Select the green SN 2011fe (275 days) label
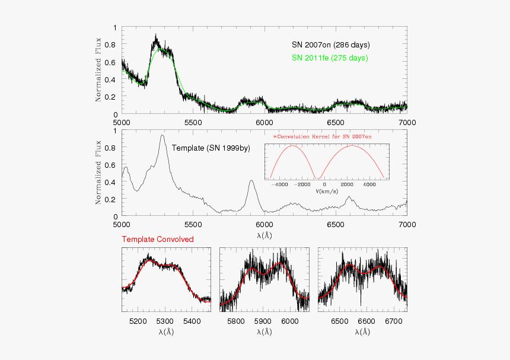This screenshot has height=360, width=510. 329,58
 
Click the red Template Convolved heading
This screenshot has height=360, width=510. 157,240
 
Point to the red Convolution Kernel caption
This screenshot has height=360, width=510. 322,136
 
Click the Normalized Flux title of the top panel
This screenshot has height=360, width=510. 98,71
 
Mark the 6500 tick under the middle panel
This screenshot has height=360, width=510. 336,225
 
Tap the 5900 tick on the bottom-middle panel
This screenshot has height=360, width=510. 262,321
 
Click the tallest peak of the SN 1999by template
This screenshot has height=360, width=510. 162,135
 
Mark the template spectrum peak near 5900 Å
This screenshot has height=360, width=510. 251,180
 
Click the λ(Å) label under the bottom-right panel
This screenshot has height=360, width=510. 362,332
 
